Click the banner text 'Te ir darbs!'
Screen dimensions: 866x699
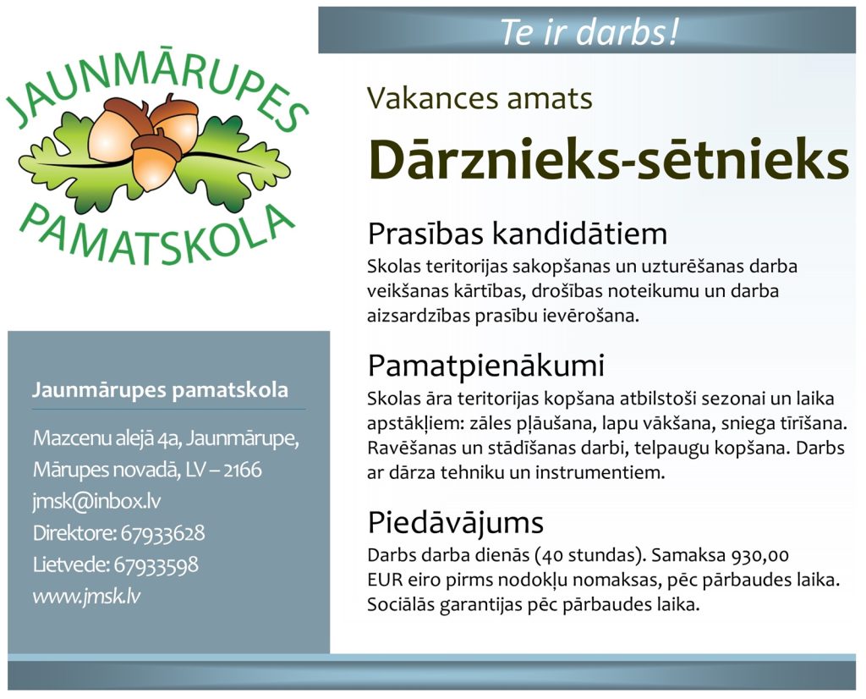click(x=589, y=31)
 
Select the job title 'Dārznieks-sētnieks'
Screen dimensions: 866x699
click(x=607, y=160)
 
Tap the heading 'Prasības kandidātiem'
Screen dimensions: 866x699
click(x=518, y=234)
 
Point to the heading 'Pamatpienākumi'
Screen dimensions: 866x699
click(x=486, y=366)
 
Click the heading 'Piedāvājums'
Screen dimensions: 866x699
click(x=456, y=523)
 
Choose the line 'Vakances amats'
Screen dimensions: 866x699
click(x=480, y=98)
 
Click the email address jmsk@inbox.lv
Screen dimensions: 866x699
click(x=96, y=502)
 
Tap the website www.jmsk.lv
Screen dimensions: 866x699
click(x=86, y=597)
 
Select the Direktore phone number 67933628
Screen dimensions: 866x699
click(x=162, y=533)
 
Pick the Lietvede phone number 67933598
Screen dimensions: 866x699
click(x=156, y=564)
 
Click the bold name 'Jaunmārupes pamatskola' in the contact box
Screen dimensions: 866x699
click(x=160, y=390)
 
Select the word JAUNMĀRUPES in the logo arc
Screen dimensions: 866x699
click(x=157, y=77)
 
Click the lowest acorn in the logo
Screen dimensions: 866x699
click(x=156, y=160)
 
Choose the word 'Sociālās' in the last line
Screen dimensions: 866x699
click(x=401, y=604)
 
